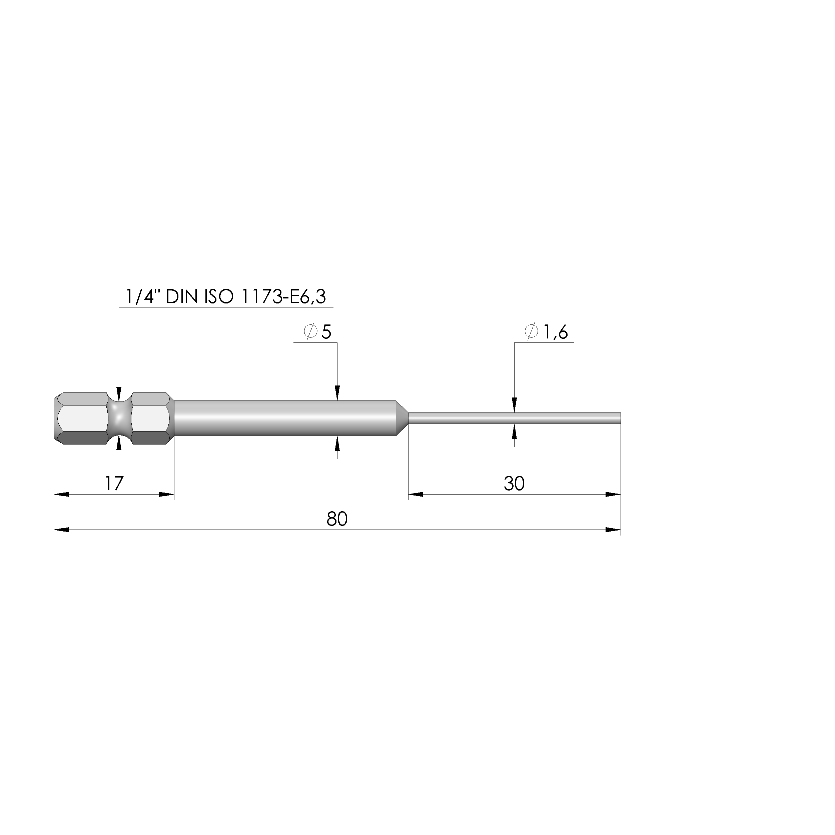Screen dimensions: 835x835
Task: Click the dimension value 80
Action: coord(337,519)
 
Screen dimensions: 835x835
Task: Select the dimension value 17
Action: coord(114,484)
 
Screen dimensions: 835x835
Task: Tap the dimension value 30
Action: coord(514,484)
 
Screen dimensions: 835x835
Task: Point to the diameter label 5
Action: coord(326,332)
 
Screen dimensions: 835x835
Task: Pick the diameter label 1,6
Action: coord(555,332)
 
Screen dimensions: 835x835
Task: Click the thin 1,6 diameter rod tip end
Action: coord(618,419)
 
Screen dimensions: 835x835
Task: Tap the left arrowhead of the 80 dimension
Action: coord(61,530)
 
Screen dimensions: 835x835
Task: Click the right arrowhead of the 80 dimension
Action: coord(613,530)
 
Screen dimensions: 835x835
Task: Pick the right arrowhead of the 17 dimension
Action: coord(166,495)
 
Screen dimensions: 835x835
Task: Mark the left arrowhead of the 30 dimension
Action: coord(416,495)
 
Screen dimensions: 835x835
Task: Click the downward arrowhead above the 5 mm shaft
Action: coord(337,393)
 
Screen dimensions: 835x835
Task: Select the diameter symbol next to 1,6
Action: coord(531,331)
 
